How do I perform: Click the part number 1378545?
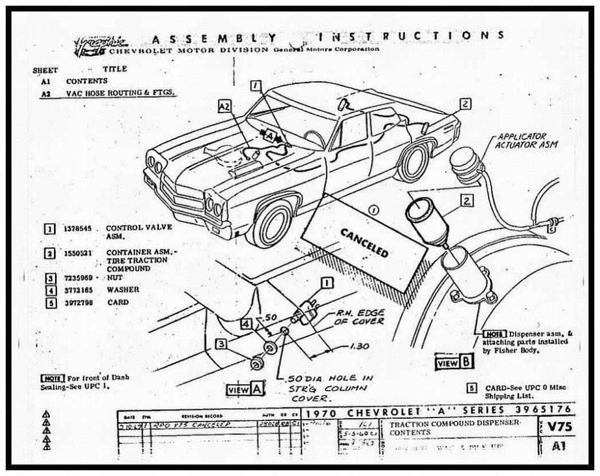coord(77,229)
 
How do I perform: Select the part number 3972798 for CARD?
coord(77,303)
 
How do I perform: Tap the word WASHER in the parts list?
coord(123,290)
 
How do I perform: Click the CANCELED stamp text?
coord(364,242)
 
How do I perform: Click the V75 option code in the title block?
coord(559,427)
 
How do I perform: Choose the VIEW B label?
coord(454,362)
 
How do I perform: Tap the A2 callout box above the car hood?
coord(224,106)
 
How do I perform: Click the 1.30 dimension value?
coord(359,346)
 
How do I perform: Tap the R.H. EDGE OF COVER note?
coord(360,317)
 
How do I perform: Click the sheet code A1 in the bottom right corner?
coord(559,446)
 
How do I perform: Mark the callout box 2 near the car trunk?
coord(465,104)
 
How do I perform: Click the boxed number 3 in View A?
coord(221,344)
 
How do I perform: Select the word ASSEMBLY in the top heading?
coord(213,39)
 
